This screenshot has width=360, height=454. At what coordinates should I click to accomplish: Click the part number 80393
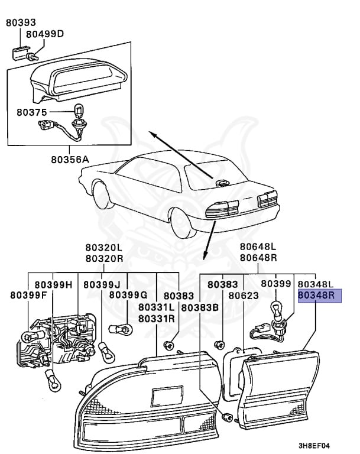pos(21,22)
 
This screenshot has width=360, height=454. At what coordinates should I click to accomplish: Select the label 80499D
pos(45,34)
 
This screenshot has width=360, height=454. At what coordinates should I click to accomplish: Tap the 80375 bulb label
pos(31,112)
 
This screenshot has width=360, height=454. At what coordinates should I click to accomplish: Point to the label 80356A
pos(70,160)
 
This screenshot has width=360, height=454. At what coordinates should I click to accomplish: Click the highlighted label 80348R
pos(316,295)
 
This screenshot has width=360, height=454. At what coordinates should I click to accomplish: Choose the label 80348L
pos(316,284)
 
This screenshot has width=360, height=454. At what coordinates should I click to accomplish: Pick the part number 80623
pos(244,296)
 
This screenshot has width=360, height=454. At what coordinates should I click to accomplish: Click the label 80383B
pos(200,307)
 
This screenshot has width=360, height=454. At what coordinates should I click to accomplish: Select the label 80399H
pos(53,285)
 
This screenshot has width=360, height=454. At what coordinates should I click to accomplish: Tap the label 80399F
pos(28,296)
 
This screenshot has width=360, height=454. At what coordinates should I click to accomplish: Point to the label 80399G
pos(128,295)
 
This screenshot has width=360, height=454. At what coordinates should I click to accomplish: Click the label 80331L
pos(157,307)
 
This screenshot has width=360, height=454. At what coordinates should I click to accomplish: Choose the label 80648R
pos(258,257)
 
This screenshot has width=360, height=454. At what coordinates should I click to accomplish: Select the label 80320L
pos(104,248)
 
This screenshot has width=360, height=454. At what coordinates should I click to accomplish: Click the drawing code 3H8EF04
pos(314,446)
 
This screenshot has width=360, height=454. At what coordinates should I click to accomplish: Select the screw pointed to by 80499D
pos(31,56)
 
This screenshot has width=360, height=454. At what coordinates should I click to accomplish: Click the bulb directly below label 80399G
pos(120,329)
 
